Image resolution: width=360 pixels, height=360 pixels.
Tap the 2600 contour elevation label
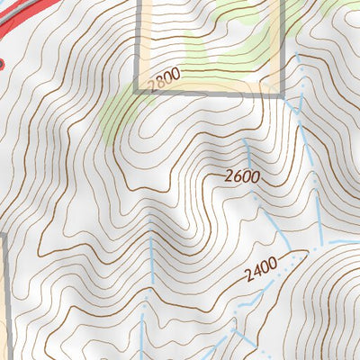(243, 176)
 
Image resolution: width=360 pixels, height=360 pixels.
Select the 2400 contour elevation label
(261, 271)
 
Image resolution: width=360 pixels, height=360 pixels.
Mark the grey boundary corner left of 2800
(136, 92)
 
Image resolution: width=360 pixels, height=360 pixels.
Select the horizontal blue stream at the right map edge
(342, 242)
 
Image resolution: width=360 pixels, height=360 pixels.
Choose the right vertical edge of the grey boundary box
(283, 45)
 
